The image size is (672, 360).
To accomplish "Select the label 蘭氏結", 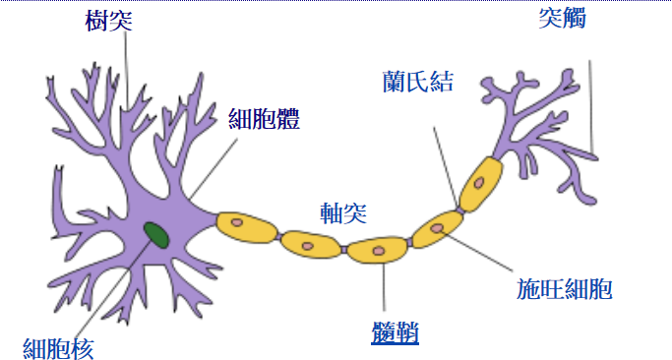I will point(418,81).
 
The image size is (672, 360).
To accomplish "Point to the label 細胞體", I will point(264,120).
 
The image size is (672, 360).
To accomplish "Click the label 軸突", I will point(343,212).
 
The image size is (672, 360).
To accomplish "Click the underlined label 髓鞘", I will point(396,334).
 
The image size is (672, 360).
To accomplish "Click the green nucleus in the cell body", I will point(155,234).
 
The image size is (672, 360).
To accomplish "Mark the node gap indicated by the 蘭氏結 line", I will point(458,209).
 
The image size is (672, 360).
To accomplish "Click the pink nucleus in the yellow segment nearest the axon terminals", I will point(478,183).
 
